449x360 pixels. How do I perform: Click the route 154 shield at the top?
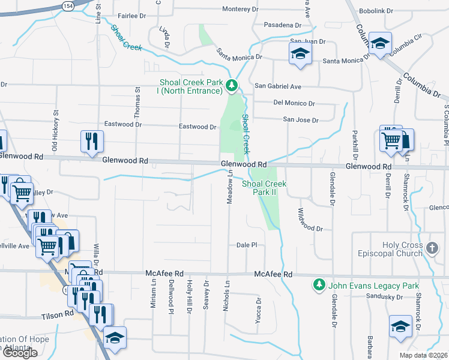point(68,5)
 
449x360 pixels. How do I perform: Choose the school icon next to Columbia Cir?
point(379,43)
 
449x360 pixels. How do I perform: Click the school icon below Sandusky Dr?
point(400,326)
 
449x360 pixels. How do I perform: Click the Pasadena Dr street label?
point(282,25)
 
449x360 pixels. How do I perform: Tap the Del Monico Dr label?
point(294,103)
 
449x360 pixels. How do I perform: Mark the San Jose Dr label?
point(301,120)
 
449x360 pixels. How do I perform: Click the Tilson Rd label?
point(56,314)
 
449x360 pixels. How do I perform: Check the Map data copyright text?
point(423,355)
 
